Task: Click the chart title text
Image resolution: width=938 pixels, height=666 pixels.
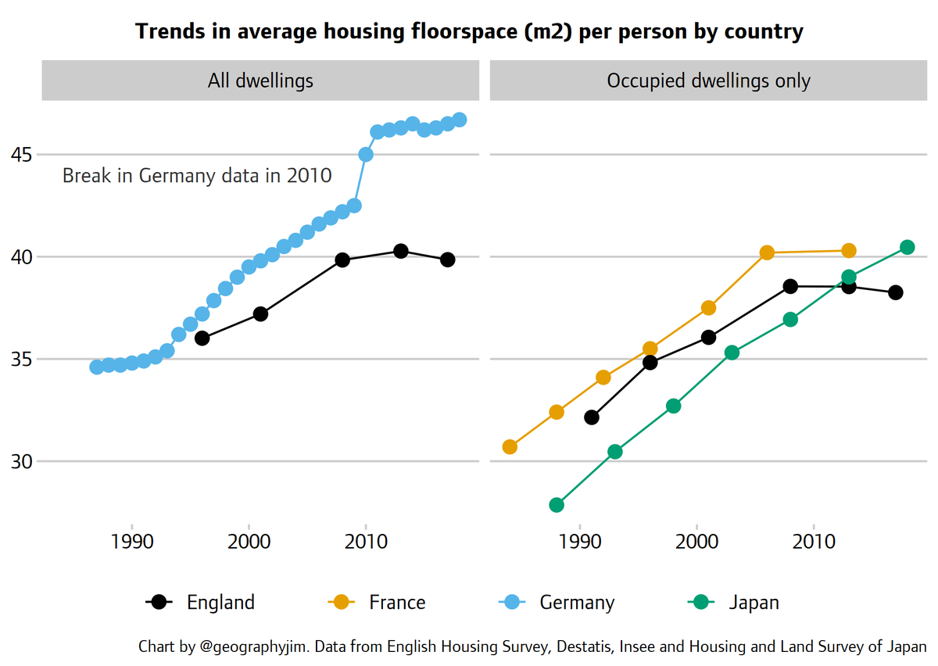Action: point(469,31)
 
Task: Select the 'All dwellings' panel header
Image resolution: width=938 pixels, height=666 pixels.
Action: point(260,81)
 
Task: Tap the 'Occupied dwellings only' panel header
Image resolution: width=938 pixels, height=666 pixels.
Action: point(708,81)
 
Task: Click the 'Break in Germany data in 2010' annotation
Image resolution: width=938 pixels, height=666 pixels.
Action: point(197,176)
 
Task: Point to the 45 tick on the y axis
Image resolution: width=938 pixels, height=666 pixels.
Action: point(20,155)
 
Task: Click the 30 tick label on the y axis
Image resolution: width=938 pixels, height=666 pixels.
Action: point(20,461)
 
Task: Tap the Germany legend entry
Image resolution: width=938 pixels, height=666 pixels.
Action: point(557,602)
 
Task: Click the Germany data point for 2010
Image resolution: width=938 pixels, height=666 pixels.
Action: point(365,155)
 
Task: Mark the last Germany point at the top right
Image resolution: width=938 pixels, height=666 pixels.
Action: point(460,120)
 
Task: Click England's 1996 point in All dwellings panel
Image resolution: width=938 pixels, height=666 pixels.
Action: point(202,338)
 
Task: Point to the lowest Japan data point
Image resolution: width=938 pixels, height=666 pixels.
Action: point(557,505)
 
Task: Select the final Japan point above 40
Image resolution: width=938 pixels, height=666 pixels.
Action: point(908,247)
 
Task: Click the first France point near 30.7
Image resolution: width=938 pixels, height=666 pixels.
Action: point(510,447)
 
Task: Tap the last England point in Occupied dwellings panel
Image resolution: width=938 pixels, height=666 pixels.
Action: point(896,292)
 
